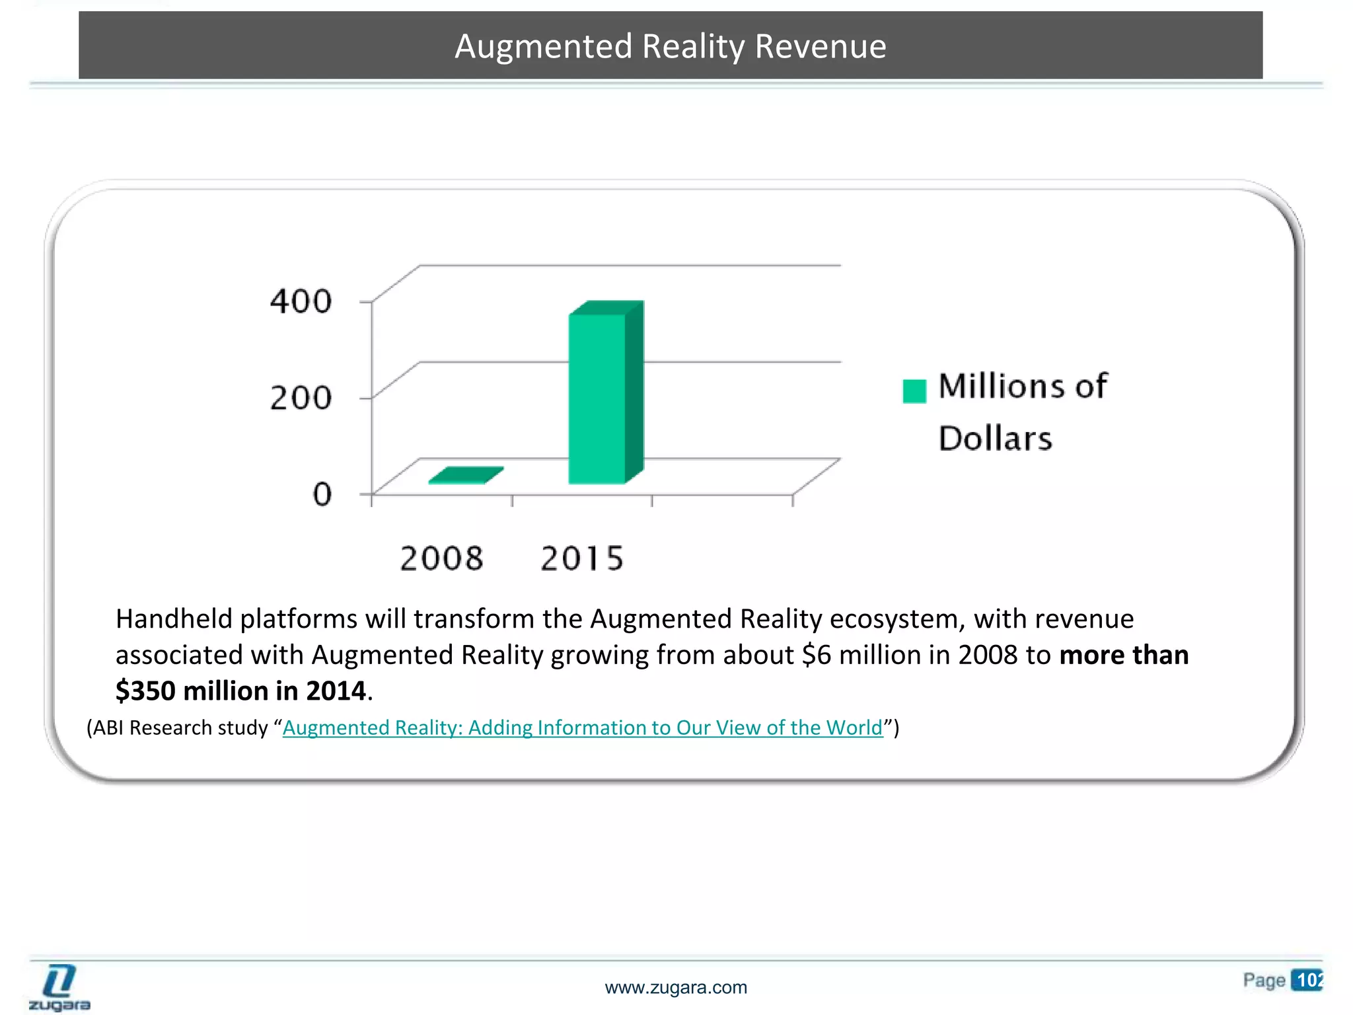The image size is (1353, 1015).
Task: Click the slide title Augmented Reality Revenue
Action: tap(670, 46)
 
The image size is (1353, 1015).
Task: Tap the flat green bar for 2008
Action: tap(465, 475)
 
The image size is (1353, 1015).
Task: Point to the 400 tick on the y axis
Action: tap(301, 301)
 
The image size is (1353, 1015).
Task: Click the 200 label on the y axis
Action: tap(301, 398)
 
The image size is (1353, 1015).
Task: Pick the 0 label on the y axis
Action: tap(322, 494)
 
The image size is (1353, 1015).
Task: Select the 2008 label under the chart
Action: tap(441, 558)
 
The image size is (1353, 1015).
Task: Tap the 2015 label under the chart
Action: tap(581, 558)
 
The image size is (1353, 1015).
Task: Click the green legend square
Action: tap(914, 391)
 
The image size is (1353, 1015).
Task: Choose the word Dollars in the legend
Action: tap(995, 439)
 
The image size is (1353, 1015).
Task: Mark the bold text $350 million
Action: tap(192, 691)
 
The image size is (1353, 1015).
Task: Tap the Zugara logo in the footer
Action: tap(59, 987)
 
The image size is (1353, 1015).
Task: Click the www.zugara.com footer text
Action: tap(676, 988)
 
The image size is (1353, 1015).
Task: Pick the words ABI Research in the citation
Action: tap(174, 728)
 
